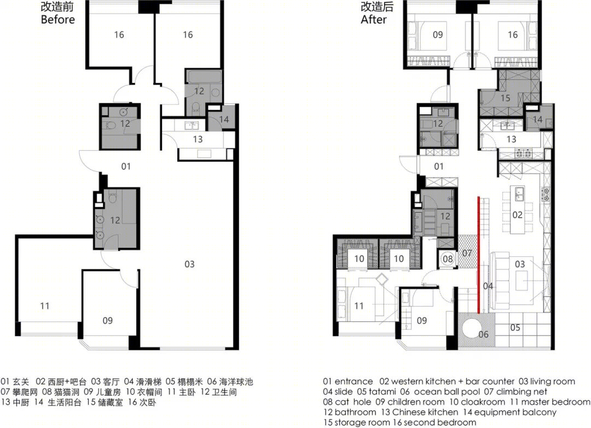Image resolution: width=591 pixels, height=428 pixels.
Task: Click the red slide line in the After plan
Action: (479, 255)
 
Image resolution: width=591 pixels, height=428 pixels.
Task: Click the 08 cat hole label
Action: (448, 259)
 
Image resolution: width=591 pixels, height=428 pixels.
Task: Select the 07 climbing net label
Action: (467, 253)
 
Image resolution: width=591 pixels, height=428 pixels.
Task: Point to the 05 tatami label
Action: (515, 327)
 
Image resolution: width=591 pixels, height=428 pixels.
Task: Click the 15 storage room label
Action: (505, 98)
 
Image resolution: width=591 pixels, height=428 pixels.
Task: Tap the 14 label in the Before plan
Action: (224, 119)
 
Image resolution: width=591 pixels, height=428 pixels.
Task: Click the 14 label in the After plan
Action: (537, 119)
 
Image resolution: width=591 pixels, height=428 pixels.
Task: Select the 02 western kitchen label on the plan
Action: (517, 215)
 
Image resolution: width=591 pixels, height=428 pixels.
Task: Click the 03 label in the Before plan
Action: (189, 264)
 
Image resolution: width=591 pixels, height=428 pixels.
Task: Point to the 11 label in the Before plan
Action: (45, 306)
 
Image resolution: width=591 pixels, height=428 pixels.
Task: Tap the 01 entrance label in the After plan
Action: (439, 166)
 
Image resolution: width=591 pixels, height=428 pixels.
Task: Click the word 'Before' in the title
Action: (57, 20)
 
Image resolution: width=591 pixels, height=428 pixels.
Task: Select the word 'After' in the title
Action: (374, 20)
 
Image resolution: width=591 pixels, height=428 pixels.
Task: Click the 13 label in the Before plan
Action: (198, 139)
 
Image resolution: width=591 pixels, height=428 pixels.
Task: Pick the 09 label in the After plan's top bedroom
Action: (438, 34)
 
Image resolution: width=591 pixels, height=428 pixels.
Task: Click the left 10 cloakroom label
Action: (359, 259)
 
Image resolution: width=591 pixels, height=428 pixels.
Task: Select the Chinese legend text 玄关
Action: (21, 382)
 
